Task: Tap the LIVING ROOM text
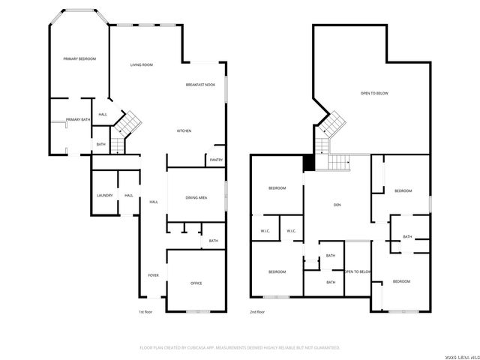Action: pyautogui.click(x=142, y=65)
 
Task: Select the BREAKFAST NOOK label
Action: pyautogui.click(x=200, y=85)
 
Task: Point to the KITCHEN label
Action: pyautogui.click(x=184, y=130)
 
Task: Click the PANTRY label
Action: pyautogui.click(x=216, y=159)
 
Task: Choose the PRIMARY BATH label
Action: pyautogui.click(x=78, y=120)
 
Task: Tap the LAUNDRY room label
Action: pyautogui.click(x=104, y=196)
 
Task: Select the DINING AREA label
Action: pyautogui.click(x=196, y=197)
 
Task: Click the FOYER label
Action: pyautogui.click(x=153, y=275)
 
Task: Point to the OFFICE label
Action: pyautogui.click(x=196, y=283)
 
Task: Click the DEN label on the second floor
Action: pyautogui.click(x=337, y=204)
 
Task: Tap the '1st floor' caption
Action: pyautogui.click(x=145, y=311)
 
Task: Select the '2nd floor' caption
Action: pyautogui.click(x=257, y=311)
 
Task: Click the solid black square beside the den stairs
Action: pyautogui.click(x=308, y=163)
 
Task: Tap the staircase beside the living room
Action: pyautogui.click(x=131, y=121)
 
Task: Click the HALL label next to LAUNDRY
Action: pyautogui.click(x=129, y=196)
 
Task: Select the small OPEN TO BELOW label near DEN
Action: pyautogui.click(x=358, y=271)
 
